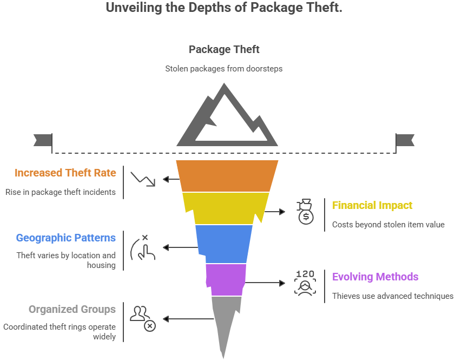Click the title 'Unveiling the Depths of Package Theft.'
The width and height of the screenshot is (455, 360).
pos(224,8)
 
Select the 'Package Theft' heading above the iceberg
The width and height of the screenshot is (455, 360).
pos(224,49)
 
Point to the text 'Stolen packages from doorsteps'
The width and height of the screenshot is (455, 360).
pos(224,69)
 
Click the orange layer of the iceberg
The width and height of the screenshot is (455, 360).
pos(227,176)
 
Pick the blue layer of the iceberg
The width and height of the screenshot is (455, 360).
pos(224,244)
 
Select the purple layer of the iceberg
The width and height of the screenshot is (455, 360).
pos(226,279)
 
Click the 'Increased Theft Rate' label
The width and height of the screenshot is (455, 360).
pos(65,173)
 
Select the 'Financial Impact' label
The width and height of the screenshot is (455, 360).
pos(372,206)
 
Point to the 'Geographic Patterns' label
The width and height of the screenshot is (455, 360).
pos(65,238)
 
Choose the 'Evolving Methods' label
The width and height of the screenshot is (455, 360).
pos(375,277)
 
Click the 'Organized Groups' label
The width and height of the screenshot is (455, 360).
pos(72,310)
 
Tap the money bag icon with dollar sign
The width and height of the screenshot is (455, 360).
pos(305,212)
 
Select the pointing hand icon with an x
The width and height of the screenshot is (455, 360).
pos(143,247)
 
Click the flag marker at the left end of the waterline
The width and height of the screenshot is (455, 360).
pos(42,140)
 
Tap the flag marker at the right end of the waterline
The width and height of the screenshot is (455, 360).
pos(405,140)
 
